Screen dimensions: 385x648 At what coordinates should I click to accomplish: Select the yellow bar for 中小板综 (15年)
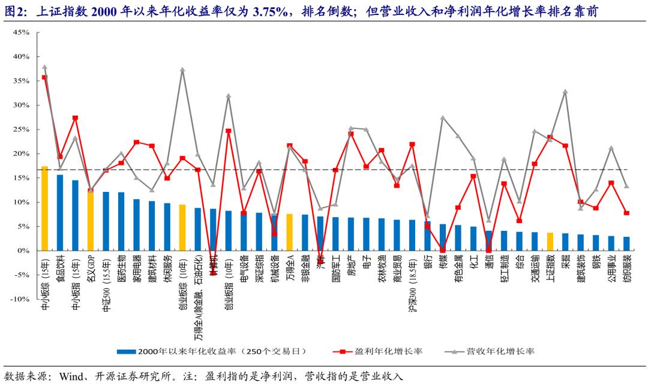click(44, 208)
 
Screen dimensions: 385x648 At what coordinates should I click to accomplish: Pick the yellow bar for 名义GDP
click(90, 221)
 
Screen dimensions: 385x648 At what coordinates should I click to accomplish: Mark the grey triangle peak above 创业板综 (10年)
click(182, 70)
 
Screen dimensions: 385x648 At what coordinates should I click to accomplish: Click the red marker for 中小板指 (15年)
click(75, 118)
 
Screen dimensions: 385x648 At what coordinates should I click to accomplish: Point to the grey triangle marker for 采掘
click(565, 92)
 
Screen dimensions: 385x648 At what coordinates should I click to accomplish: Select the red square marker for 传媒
click(442, 250)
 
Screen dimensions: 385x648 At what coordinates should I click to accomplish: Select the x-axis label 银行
click(427, 263)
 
